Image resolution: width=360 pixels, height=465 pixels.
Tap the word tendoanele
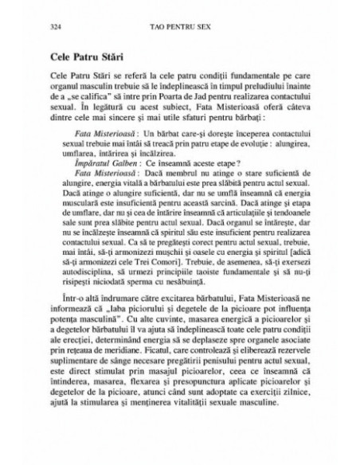[x=283, y=235]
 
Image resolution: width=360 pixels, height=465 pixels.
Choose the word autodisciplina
[x=92, y=294]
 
